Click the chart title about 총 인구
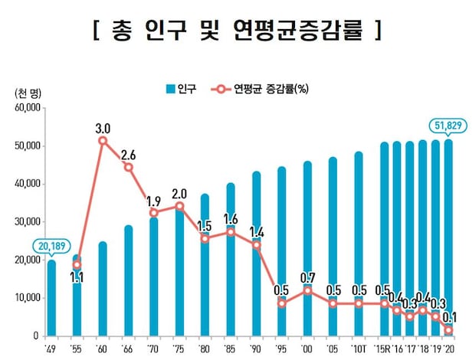pos(236,31)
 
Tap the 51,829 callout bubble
pos(444,126)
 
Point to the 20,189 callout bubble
pos(51,246)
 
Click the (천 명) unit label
pos(28,93)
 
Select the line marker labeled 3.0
pos(103,141)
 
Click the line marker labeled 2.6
pos(129,167)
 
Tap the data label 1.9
pos(154,201)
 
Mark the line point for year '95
pos(282,303)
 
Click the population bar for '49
pos(51,298)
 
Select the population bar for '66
pos(129,280)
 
